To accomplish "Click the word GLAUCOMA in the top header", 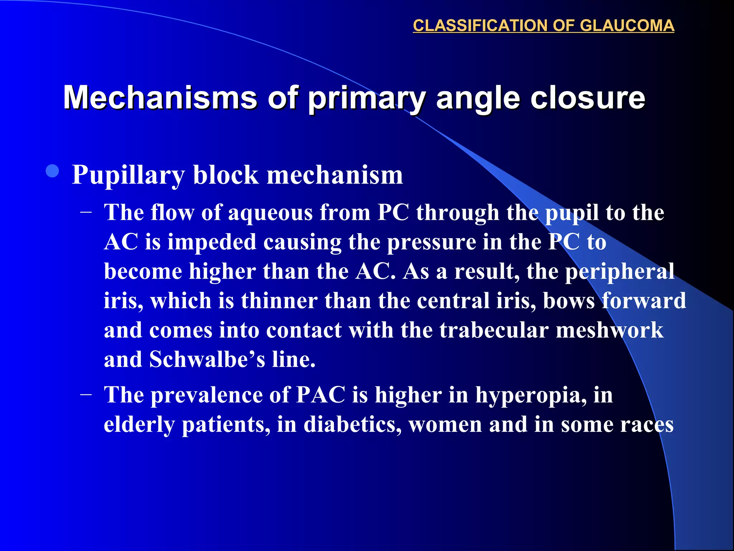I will (x=627, y=26).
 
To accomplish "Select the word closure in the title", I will (x=587, y=98).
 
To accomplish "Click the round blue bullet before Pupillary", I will (x=53, y=171).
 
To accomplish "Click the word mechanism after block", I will (x=335, y=175).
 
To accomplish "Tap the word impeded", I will (x=212, y=242).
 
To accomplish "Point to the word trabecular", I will (x=494, y=330).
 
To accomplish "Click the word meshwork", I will (x=609, y=330).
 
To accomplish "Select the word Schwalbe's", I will (x=207, y=359).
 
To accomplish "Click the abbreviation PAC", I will (x=321, y=395).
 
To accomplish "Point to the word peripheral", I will (x=620, y=272).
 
